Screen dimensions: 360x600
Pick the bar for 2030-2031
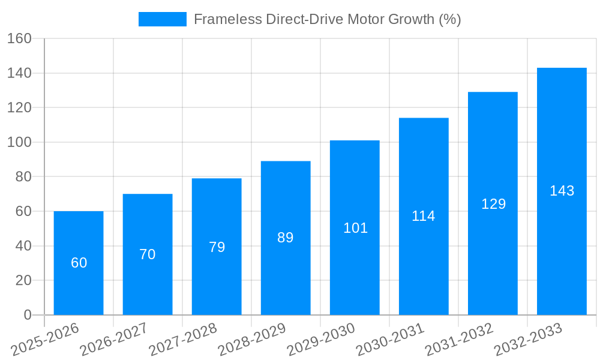coord(424,216)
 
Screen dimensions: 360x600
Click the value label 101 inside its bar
coord(355,228)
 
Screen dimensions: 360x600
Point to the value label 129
coord(493,204)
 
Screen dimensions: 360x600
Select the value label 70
coord(148,254)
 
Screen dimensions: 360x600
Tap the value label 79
coord(217,247)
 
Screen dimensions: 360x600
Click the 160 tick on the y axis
coord(19,38)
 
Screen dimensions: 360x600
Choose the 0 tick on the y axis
coord(27,315)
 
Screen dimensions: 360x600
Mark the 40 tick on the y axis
coord(23,246)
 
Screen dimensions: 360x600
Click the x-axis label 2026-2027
coord(114,339)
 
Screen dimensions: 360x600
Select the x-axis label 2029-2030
coord(321,339)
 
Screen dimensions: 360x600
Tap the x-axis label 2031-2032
coord(459,339)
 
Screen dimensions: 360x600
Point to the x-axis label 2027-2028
coord(183,339)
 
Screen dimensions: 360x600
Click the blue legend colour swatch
coord(162,19)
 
